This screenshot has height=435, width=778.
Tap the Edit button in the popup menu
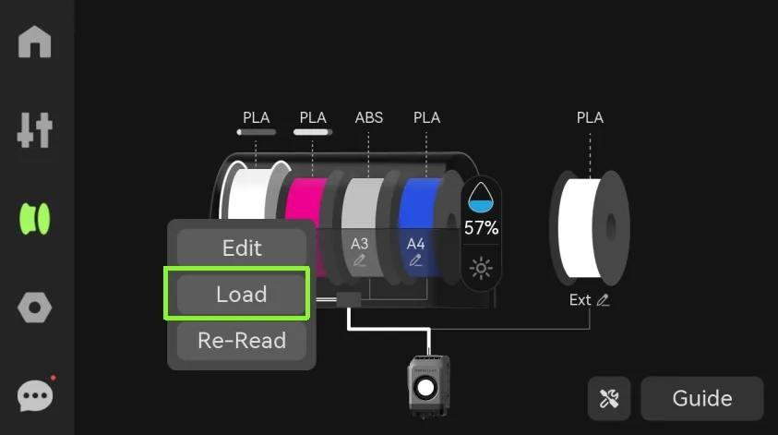click(x=242, y=248)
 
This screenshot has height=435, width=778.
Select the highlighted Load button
click(x=242, y=294)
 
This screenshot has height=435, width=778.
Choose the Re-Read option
click(x=242, y=341)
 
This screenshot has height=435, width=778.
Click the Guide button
click(x=702, y=398)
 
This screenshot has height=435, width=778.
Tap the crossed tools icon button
click(x=609, y=398)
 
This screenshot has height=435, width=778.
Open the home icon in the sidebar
click(x=35, y=42)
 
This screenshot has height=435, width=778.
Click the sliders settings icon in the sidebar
click(x=35, y=130)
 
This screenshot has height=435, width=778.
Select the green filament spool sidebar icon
click(x=35, y=219)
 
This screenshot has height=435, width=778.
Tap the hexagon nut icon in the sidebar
click(x=35, y=308)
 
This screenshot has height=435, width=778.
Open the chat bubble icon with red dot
click(x=35, y=395)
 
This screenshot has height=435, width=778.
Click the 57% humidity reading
click(x=481, y=228)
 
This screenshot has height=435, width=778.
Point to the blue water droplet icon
click(x=481, y=198)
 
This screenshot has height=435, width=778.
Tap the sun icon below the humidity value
click(x=481, y=269)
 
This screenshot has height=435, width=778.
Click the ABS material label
click(x=368, y=117)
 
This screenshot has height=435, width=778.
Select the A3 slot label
click(x=359, y=244)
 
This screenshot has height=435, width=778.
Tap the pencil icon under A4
click(x=416, y=260)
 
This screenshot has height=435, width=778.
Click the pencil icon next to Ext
click(x=603, y=300)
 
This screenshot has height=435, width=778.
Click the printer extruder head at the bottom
click(x=428, y=386)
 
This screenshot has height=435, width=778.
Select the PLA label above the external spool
click(x=590, y=117)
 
